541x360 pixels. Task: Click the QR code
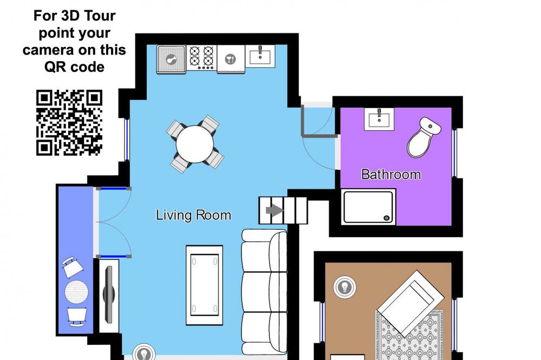coord(69,122)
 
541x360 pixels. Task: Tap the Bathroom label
coord(391,175)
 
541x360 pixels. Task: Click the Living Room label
coord(193,215)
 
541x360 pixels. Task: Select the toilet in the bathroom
coord(423,137)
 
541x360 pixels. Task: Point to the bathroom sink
coord(379,119)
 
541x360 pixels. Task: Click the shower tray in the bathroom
coord(368,207)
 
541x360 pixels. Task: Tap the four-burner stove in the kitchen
coord(201,57)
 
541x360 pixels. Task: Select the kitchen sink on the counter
coord(260,56)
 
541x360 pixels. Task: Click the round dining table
coord(195,144)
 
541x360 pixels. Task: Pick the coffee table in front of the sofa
coord(204,285)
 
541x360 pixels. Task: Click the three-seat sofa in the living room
coord(265,292)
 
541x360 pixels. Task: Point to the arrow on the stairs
coord(275,210)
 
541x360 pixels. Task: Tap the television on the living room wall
coord(109,295)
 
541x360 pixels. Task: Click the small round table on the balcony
coord(77,292)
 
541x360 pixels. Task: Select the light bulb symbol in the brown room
coord(345,286)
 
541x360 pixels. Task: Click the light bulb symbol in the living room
coord(144,352)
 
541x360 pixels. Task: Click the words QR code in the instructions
coord(74,67)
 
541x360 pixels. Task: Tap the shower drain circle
coord(387,218)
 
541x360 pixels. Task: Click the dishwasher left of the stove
coord(171,59)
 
